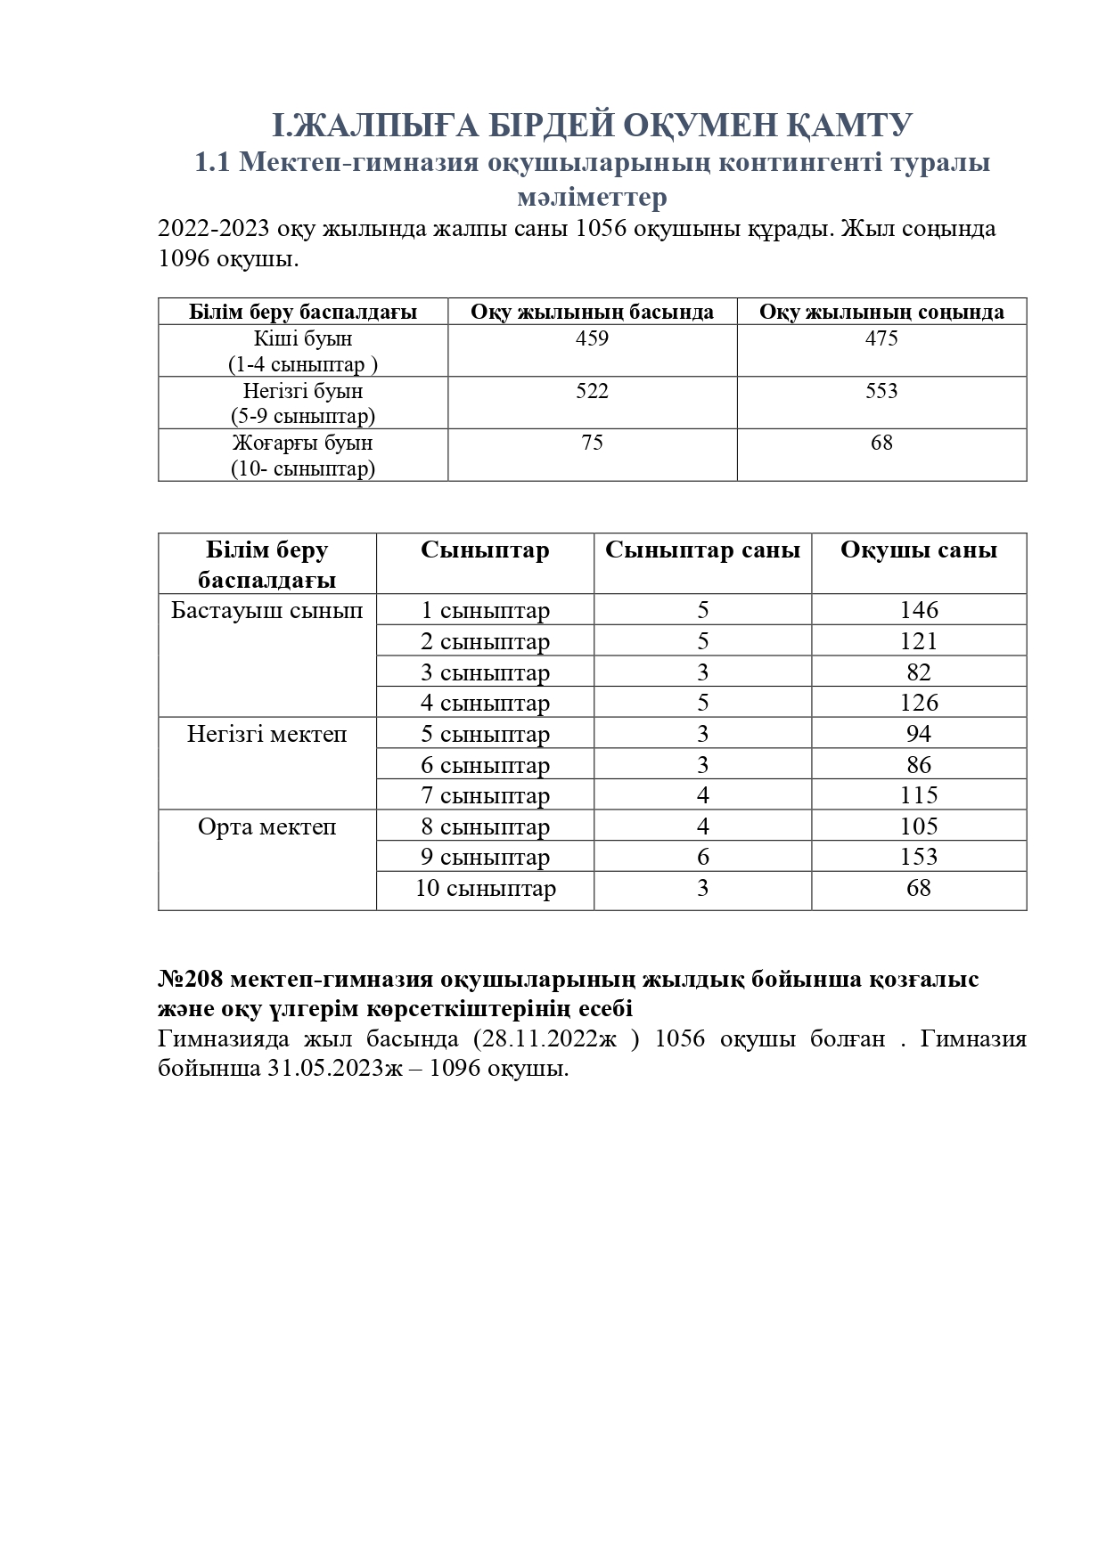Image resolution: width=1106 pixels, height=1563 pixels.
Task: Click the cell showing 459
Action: coord(592,338)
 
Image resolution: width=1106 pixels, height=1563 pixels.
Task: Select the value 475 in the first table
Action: coord(881,338)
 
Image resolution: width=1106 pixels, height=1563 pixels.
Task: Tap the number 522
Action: coord(592,391)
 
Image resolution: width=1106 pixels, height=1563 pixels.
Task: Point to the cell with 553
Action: coord(881,391)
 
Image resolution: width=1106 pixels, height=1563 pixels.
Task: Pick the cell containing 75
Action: coord(592,443)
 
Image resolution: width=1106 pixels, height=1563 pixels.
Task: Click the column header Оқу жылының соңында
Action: coord(881,312)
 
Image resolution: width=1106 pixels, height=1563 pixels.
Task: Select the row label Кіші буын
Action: coord(303,338)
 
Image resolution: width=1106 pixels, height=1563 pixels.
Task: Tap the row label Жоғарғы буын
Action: coord(303,443)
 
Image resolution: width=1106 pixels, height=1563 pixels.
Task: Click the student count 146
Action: coord(919,610)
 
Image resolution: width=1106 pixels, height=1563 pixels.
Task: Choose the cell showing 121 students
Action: coord(919,641)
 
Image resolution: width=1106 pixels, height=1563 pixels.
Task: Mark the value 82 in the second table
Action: coord(919,672)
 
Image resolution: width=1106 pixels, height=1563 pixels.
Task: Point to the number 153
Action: coord(919,857)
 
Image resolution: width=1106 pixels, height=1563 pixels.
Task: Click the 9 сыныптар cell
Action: coord(486,857)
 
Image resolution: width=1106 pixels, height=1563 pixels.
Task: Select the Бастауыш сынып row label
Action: coord(267,610)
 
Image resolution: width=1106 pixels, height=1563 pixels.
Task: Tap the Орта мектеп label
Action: coord(267,826)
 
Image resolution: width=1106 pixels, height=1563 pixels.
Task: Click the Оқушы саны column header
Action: coord(919,550)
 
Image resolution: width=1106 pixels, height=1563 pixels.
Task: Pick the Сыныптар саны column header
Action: coord(702,550)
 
